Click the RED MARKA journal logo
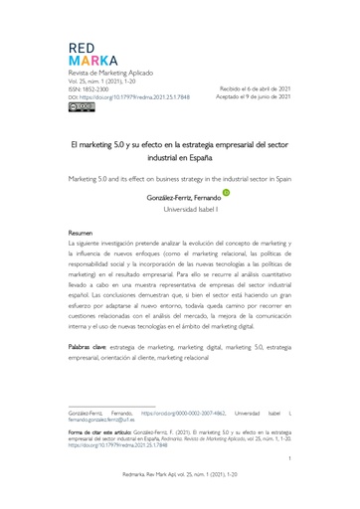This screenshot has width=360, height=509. pos(91,55)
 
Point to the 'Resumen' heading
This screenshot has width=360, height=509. pos(81,233)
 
